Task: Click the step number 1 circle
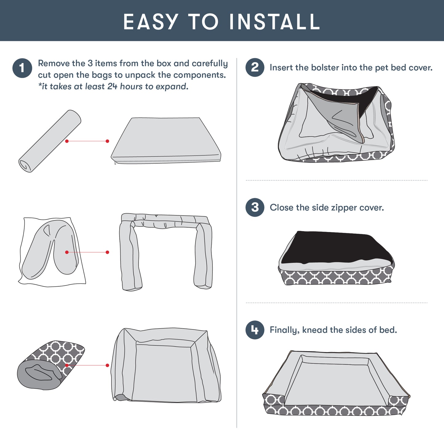click(x=22, y=68)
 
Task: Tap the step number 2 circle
click(x=255, y=67)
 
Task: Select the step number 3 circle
click(x=255, y=207)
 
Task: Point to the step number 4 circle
click(x=255, y=330)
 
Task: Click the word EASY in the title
click(x=151, y=22)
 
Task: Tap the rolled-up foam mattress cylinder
click(x=50, y=141)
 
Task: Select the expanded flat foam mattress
click(x=166, y=141)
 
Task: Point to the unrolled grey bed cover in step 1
click(x=166, y=366)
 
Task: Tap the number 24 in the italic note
click(x=112, y=87)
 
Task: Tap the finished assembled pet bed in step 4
click(x=336, y=384)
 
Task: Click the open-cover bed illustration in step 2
click(x=336, y=123)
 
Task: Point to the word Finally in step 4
click(x=285, y=330)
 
